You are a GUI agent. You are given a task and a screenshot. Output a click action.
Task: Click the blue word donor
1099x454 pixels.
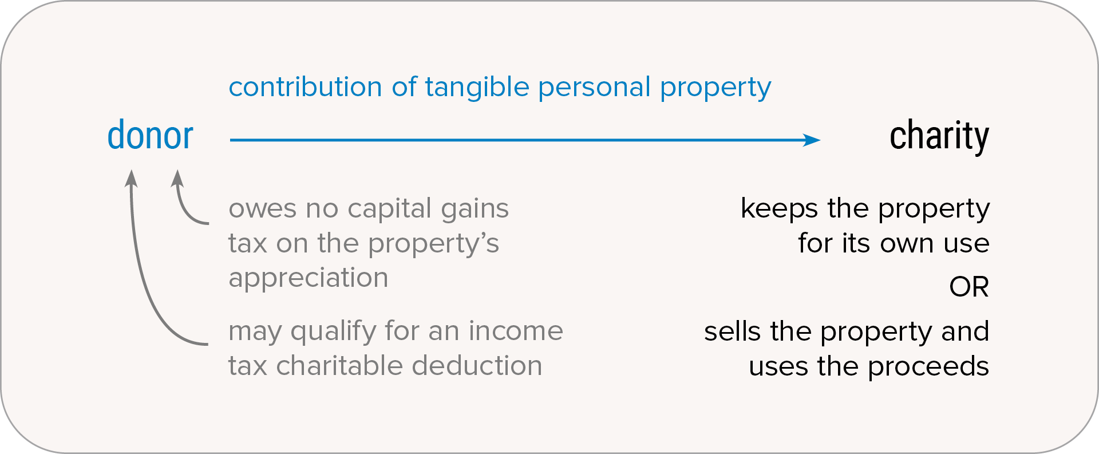pos(151,136)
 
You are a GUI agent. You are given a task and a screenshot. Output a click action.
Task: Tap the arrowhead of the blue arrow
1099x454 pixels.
pos(812,140)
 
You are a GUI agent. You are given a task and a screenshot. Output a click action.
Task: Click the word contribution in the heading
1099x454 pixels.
pos(305,87)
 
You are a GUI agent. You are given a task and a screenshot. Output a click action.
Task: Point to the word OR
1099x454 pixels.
pos(969,287)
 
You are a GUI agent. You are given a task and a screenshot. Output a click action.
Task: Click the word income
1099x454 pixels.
pos(516,331)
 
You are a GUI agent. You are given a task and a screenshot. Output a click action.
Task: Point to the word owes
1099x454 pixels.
pos(263,209)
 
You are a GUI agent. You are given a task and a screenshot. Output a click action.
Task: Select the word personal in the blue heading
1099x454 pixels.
pos(594,88)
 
